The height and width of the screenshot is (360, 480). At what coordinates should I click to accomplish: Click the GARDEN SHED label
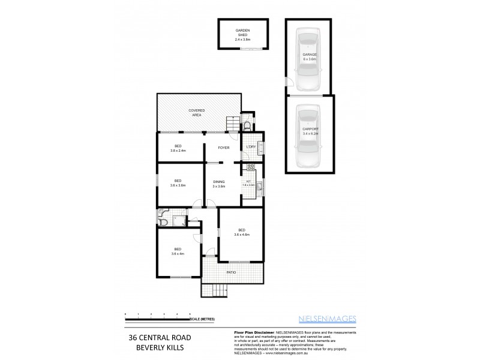(x=242, y=35)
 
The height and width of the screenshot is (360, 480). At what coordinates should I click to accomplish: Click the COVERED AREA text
(x=196, y=112)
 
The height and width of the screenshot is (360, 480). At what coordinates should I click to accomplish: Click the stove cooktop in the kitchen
(x=252, y=168)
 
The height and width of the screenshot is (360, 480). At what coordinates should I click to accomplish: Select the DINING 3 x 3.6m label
(x=218, y=184)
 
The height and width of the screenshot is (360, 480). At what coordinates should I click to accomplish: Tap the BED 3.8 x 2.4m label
(x=178, y=148)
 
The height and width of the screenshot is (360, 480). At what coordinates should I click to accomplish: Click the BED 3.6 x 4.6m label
(x=241, y=232)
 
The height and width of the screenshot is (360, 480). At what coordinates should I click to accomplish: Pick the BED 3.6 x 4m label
(x=178, y=251)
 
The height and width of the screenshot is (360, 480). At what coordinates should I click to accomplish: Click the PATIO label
(x=231, y=272)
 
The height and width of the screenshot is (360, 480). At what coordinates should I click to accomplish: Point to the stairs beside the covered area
(x=233, y=124)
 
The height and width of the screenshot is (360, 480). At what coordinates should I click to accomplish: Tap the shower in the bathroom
(x=178, y=221)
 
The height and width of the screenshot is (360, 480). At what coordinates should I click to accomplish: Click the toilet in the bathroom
(x=163, y=221)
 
